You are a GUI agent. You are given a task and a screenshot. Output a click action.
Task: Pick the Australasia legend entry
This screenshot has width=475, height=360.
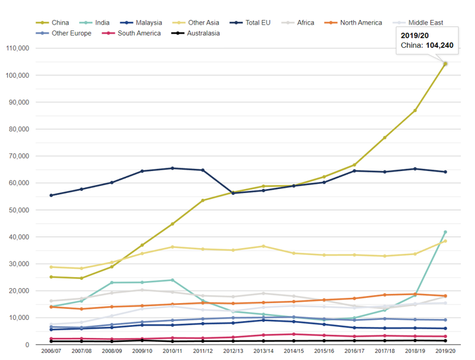point(203,33)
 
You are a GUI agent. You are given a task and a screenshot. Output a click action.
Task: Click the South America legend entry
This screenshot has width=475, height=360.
point(139,33)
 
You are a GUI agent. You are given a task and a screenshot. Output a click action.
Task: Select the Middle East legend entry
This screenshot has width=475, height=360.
point(425,23)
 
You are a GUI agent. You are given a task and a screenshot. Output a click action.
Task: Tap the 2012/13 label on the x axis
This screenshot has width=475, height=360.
point(233,352)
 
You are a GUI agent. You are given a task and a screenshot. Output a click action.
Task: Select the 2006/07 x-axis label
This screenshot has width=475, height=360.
point(51,352)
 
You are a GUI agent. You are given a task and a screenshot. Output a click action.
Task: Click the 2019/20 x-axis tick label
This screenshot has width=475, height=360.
point(445,352)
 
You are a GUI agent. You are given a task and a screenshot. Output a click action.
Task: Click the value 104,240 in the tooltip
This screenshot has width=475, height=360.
point(437,45)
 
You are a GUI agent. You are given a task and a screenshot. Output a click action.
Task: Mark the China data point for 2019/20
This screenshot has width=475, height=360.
point(445,63)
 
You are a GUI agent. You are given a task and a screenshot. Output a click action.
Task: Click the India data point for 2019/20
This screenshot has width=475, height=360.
point(445,232)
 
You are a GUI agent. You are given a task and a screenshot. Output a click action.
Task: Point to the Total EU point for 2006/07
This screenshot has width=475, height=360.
point(51,195)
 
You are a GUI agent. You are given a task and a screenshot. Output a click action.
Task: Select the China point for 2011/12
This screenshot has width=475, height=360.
point(202,200)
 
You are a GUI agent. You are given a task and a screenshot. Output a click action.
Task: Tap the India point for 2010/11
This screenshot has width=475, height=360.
point(172,280)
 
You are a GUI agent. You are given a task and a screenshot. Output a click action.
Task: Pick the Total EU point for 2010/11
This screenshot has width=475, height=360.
point(172,168)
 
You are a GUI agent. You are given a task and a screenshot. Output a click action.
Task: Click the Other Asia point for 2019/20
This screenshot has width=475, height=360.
point(445,241)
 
